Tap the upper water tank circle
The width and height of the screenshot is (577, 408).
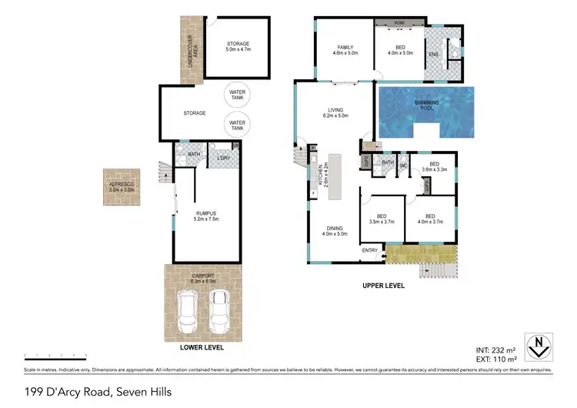pos(237,96)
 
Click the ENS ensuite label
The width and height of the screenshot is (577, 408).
pos(434,55)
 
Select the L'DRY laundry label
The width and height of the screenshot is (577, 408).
pos(224,159)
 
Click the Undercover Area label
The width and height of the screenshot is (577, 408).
pos(190,48)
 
